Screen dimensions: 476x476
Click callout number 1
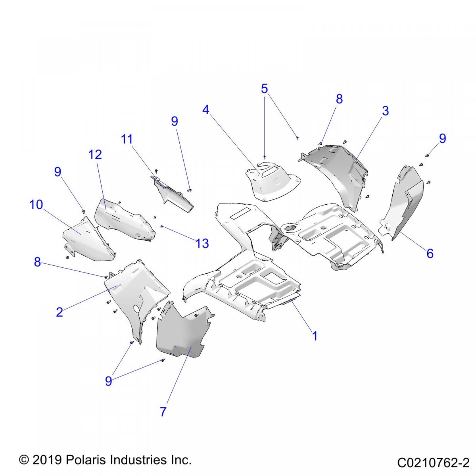click(x=315, y=336)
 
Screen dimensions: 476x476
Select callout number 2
click(x=59, y=312)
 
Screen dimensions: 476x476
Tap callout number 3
click(x=385, y=111)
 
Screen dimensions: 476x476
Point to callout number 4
click(x=205, y=109)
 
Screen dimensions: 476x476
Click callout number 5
click(x=264, y=89)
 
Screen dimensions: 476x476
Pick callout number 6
click(x=430, y=253)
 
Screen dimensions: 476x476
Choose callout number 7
click(x=163, y=412)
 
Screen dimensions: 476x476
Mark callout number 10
click(x=36, y=205)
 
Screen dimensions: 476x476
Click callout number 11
click(x=127, y=139)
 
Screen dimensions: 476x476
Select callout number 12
click(x=95, y=154)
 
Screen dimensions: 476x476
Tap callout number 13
click(x=202, y=243)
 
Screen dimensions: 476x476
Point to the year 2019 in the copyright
click(x=47, y=460)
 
